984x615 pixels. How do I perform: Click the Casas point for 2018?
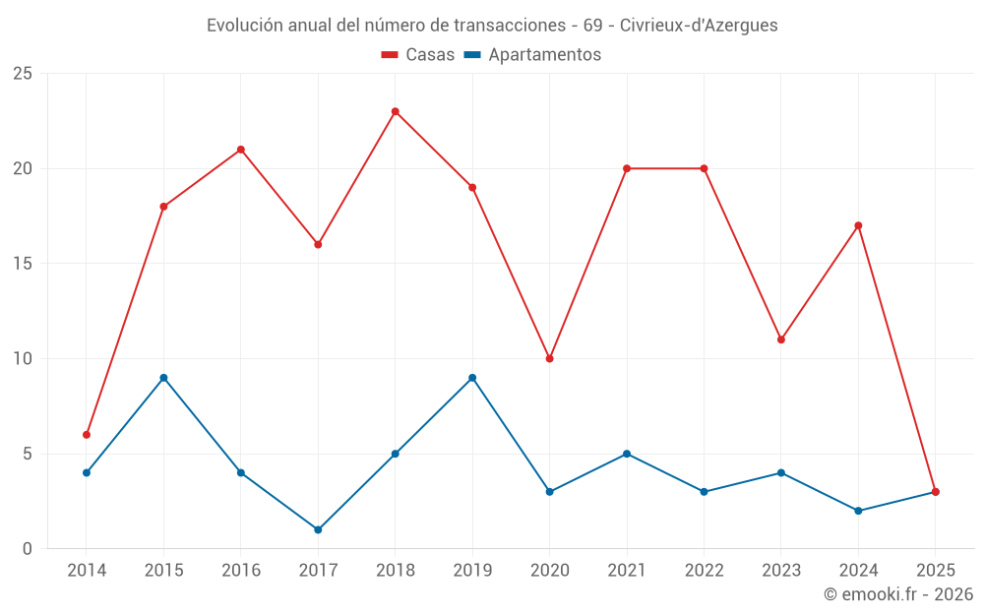click(x=395, y=111)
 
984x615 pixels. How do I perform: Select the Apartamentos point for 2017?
click(x=318, y=529)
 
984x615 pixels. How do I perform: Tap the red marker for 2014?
click(x=87, y=434)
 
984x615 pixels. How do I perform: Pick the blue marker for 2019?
click(x=472, y=378)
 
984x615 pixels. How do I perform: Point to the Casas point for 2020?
click(x=549, y=358)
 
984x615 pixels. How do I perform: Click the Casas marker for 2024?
click(x=858, y=225)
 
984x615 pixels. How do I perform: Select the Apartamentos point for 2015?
click(x=163, y=378)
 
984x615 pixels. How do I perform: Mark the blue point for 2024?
click(x=858, y=511)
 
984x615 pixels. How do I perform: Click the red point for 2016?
click(x=240, y=150)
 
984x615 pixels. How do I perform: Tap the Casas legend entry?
click(x=418, y=55)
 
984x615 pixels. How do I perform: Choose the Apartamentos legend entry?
click(x=532, y=55)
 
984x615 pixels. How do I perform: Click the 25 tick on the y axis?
click(x=23, y=74)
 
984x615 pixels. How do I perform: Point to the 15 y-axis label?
click(x=23, y=264)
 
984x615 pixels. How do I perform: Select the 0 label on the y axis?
click(x=28, y=549)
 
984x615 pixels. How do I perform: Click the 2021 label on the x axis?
click(x=627, y=571)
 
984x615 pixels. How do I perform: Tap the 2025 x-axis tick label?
click(x=935, y=571)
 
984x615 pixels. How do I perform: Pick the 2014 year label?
click(x=87, y=571)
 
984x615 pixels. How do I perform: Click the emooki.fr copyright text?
click(x=898, y=594)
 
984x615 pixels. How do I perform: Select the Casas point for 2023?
click(x=781, y=339)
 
